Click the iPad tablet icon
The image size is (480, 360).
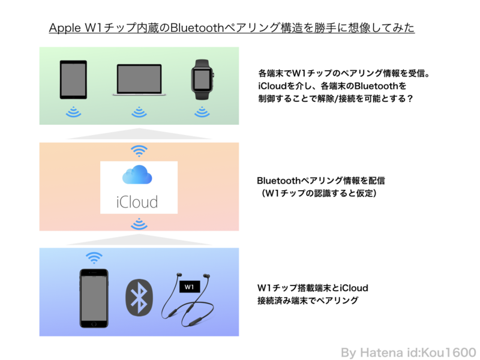click(x=73, y=80)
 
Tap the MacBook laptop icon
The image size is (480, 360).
click(x=139, y=80)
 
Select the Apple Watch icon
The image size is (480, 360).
click(x=202, y=79)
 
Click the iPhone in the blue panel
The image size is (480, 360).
click(x=94, y=298)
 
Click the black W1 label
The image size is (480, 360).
click(x=190, y=287)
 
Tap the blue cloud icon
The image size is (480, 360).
click(x=137, y=175)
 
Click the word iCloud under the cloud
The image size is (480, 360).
click(x=137, y=202)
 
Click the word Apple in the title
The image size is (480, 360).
click(x=65, y=28)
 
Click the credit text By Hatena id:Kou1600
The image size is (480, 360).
click(x=409, y=353)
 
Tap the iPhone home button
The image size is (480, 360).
click(x=94, y=324)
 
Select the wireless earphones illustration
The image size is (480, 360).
click(x=187, y=299)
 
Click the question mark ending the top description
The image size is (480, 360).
click(x=410, y=98)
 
